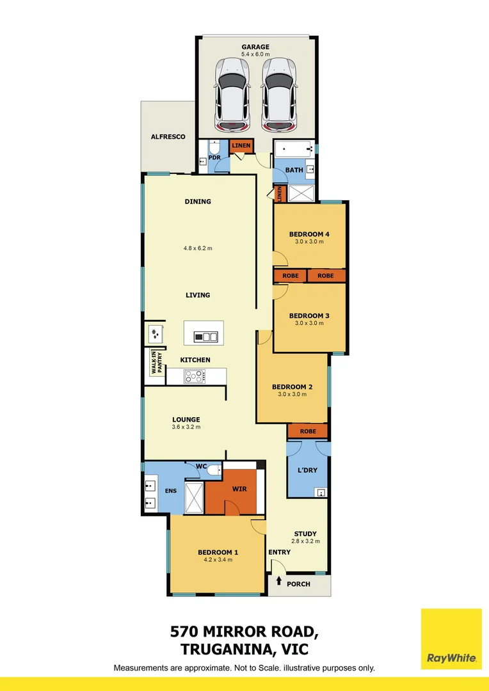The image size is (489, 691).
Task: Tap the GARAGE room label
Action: (x=255, y=47)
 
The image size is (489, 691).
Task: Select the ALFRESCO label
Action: (x=168, y=137)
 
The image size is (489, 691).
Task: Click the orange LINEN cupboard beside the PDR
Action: (x=241, y=146)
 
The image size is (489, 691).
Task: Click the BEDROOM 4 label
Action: (x=309, y=234)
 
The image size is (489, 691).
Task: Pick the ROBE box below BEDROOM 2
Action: (x=308, y=431)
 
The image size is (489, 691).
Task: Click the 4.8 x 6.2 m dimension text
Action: (x=198, y=248)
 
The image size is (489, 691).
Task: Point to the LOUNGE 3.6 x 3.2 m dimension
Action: (x=186, y=427)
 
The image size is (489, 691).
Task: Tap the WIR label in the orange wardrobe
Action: (x=240, y=489)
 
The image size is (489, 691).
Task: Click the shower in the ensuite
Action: (x=194, y=497)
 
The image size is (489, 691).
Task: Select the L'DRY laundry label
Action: (x=308, y=471)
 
